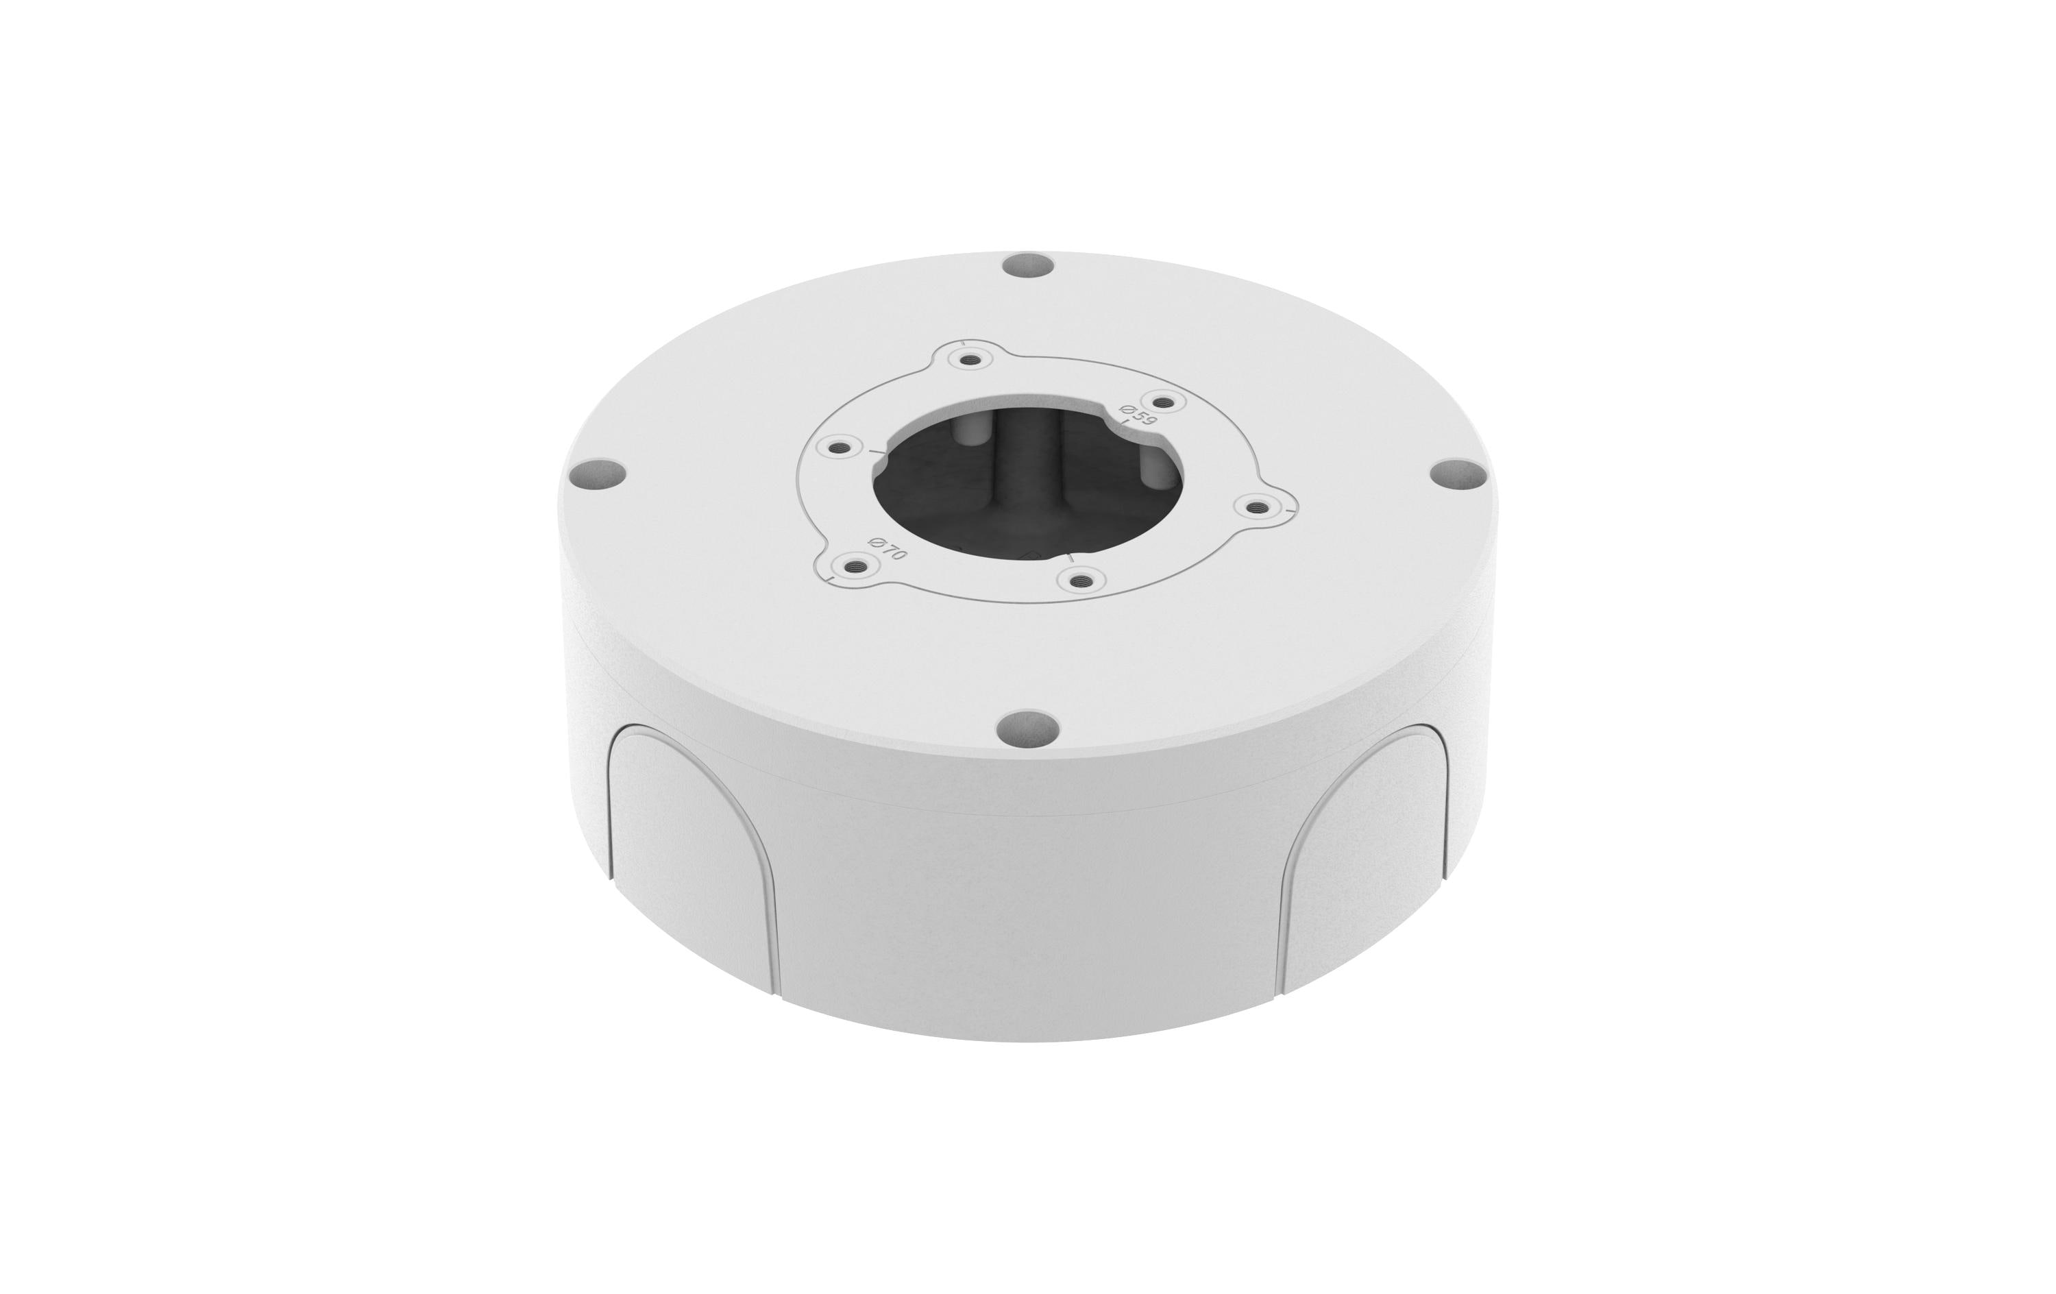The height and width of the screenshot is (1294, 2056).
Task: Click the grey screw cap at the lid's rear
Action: point(1028,265)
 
